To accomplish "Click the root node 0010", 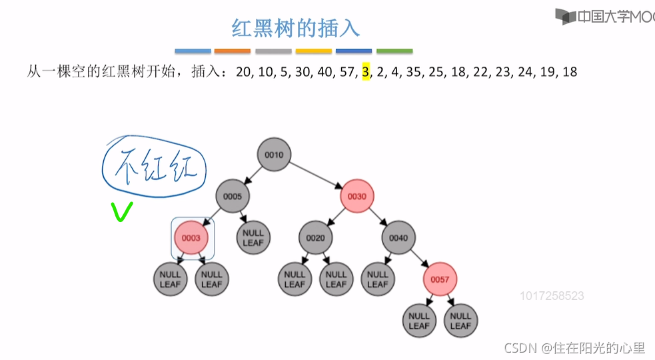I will [274, 155].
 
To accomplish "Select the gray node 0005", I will [233, 197].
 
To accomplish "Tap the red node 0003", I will [191, 238].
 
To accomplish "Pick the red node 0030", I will [357, 197].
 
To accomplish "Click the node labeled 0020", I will [315, 238].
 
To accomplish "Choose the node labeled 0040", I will [398, 238].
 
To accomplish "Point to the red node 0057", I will [440, 279].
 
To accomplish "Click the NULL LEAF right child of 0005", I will [253, 238].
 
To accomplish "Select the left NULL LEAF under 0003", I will [171, 279].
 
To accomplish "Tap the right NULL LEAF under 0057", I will [460, 321].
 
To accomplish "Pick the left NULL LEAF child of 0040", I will [378, 279].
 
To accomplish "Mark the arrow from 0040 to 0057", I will [419, 259].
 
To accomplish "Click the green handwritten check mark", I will [122, 212].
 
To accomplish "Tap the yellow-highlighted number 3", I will [366, 71].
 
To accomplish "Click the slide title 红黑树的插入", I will [295, 28].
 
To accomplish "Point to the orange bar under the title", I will [233, 51].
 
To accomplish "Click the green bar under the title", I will [394, 51].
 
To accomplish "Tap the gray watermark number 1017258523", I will [551, 295].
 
